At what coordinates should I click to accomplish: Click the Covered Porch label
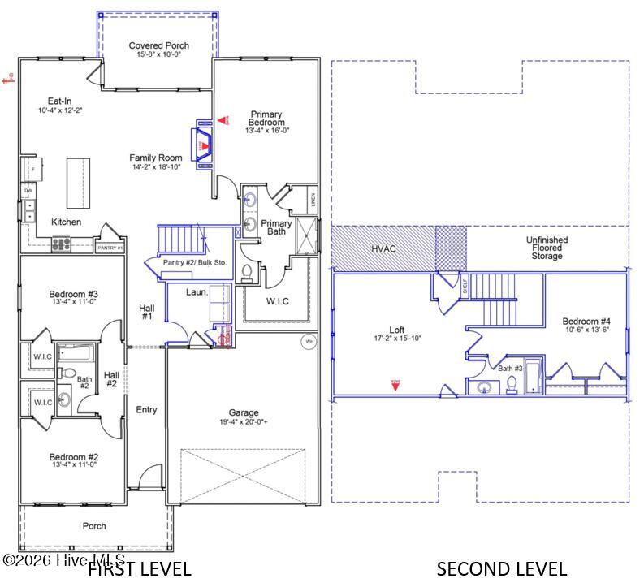pos(158,45)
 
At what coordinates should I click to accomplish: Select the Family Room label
pos(154,158)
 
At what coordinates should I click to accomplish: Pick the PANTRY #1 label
pos(109,248)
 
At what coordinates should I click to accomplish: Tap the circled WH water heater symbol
pos(309,342)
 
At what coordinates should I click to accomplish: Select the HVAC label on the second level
pos(383,248)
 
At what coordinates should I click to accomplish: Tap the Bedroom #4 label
pos(587,322)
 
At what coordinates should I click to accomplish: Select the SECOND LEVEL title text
pos(501,568)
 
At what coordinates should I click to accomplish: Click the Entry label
pos(146,410)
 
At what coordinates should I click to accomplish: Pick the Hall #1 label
pos(146,313)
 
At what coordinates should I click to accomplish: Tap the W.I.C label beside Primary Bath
pos(277,301)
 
